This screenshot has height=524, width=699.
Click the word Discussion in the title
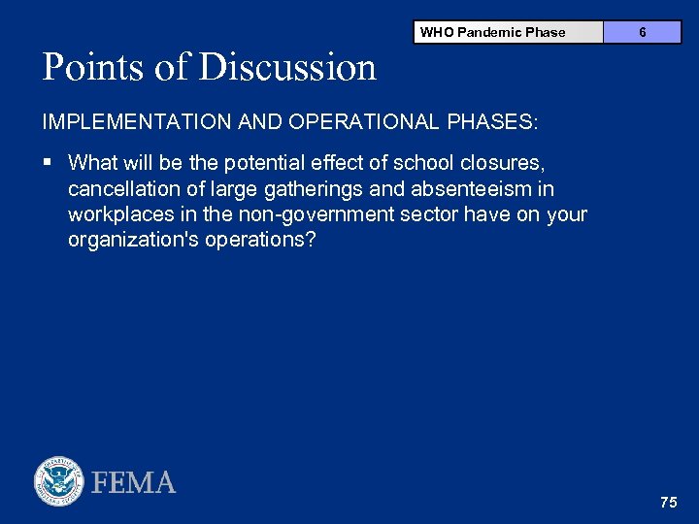click(x=287, y=67)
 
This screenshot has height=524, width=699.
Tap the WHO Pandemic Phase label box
click(x=492, y=32)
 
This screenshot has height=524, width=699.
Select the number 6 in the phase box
click(x=643, y=32)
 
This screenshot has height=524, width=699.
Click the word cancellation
click(x=120, y=188)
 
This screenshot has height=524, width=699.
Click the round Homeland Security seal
click(x=59, y=480)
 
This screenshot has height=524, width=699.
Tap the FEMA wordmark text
click(x=134, y=482)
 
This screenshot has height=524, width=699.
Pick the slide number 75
click(x=668, y=502)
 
